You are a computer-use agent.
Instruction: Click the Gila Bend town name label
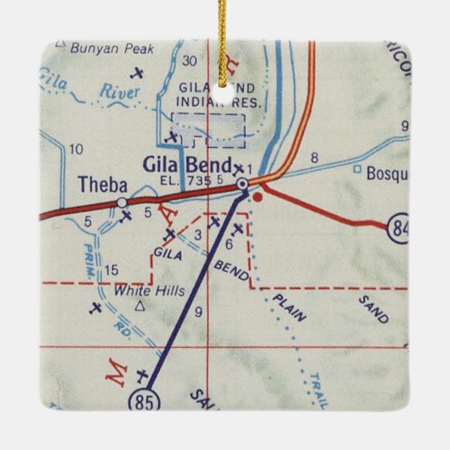click(187, 166)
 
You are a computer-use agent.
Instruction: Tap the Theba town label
click(103, 185)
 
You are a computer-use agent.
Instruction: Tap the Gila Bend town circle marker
click(242, 184)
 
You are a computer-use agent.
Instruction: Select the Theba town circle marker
click(122, 203)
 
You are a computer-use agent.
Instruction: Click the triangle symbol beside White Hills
click(140, 306)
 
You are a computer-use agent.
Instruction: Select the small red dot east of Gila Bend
click(258, 197)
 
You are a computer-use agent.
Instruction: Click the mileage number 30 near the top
click(189, 61)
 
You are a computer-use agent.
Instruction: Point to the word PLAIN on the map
click(289, 307)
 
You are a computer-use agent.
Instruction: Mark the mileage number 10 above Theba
click(77, 148)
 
